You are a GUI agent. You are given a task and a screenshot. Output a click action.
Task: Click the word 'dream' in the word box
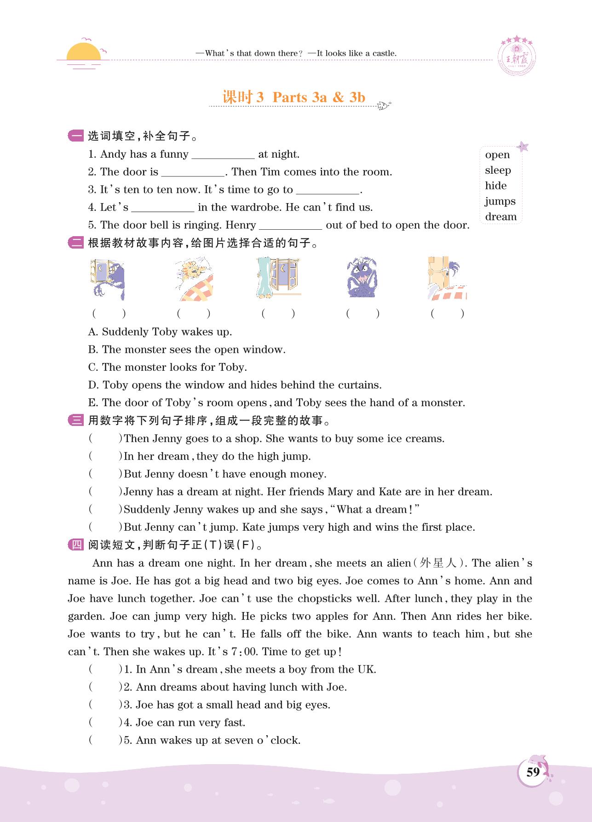[500, 217]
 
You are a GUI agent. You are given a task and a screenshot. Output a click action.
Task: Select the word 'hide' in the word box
[495, 186]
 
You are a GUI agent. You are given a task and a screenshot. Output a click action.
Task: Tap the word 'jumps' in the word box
[500, 201]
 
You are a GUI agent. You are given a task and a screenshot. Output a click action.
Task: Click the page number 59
[533, 772]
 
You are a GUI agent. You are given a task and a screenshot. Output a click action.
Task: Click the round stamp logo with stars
[517, 57]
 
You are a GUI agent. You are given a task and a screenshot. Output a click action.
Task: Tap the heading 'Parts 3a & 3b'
[318, 97]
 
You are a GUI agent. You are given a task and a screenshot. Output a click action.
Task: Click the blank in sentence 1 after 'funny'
[223, 155]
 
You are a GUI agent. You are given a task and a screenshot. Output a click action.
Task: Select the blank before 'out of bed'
[290, 226]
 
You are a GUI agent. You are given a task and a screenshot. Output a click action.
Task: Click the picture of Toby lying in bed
[194, 279]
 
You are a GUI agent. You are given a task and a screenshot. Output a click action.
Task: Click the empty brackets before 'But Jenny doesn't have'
[105, 474]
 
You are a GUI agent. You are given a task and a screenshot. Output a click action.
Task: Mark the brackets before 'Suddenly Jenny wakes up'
[105, 510]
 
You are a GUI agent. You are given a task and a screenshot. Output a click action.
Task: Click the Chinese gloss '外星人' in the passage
[439, 563]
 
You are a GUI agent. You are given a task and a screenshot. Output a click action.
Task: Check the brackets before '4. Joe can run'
[105, 723]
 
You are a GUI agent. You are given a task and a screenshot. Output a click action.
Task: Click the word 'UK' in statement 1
[366, 669]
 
